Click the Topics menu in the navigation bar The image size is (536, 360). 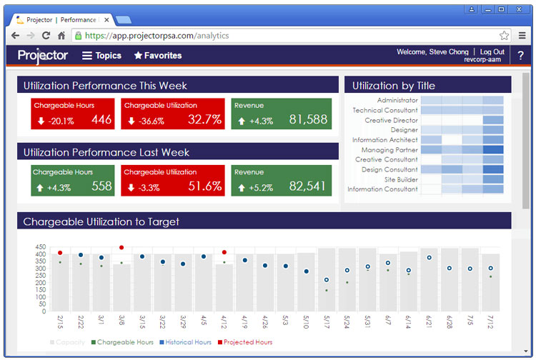tap(101, 56)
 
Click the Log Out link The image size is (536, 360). tap(492, 52)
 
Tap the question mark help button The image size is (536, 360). tap(520, 56)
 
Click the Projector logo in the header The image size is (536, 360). tap(43, 56)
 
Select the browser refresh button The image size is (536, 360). tap(46, 35)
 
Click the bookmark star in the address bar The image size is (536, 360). tap(504, 35)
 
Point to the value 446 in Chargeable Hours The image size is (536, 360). tap(101, 120)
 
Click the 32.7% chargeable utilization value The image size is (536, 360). tap(204, 120)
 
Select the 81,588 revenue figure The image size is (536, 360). tap(308, 120)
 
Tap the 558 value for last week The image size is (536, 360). tap(101, 186)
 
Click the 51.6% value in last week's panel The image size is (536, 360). tap(204, 186)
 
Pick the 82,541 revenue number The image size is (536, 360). tap(308, 186)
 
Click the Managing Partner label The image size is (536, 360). tap(389, 150)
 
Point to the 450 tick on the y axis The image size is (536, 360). tap(40, 247)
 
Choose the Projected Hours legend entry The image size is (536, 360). tap(247, 343)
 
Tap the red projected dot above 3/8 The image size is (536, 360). tap(121, 248)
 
